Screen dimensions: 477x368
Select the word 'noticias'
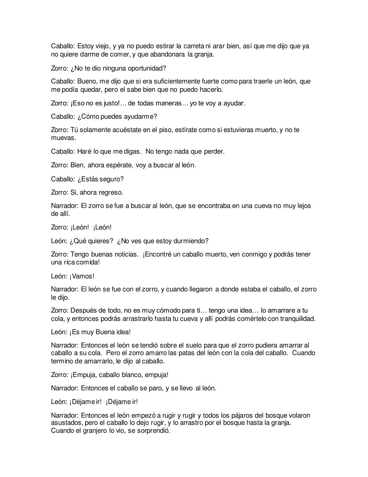125,255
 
